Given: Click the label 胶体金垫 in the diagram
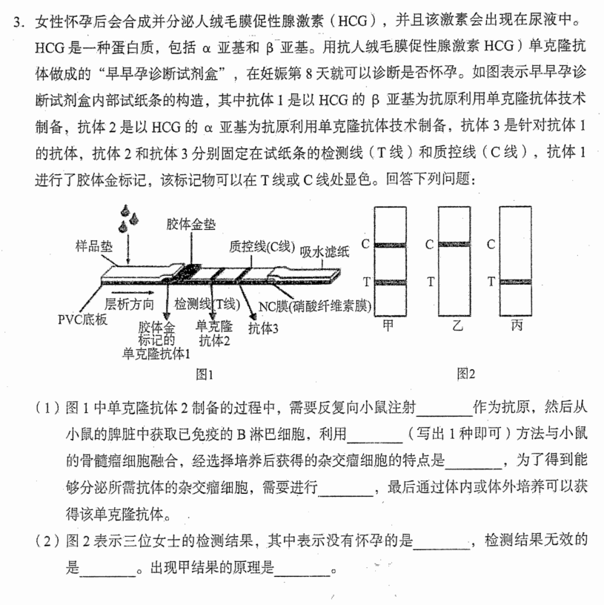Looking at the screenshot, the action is click(x=191, y=224).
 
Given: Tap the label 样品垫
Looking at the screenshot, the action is click(x=93, y=246).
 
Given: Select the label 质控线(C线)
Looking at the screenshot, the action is click(x=262, y=247).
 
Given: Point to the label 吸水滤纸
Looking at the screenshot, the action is click(x=325, y=251).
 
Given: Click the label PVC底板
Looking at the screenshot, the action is click(x=82, y=320).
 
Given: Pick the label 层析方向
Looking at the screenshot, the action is click(x=129, y=304).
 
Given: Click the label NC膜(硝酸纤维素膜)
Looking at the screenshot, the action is click(x=315, y=306).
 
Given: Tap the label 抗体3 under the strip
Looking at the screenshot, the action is click(x=263, y=328).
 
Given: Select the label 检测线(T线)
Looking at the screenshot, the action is click(x=207, y=305).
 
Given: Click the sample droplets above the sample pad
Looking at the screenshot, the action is click(x=128, y=219).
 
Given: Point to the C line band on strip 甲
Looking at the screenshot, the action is click(x=390, y=245).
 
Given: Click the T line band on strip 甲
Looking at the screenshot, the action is click(x=390, y=282).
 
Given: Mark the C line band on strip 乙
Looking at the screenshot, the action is click(x=454, y=244).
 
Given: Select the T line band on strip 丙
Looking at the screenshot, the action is click(x=515, y=282).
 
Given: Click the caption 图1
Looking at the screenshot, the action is click(x=205, y=374).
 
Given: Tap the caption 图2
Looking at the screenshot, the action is click(x=466, y=374).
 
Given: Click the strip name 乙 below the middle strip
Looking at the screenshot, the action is click(x=457, y=326).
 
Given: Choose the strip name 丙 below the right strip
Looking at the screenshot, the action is click(x=517, y=325).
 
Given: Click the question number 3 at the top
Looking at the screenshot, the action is click(x=17, y=22).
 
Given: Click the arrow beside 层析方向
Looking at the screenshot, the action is click(x=138, y=294).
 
